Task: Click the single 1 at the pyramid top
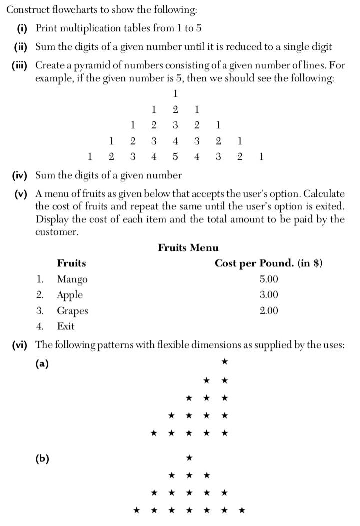coord(175,93)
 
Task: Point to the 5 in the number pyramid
coord(175,156)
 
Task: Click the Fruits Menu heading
coord(188,247)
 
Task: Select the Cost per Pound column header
coord(268,263)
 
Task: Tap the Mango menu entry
coord(72,279)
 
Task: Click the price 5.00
coord(269,279)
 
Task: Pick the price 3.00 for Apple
coord(269,295)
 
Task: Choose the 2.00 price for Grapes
coord(269,311)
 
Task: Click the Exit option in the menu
coord(66,326)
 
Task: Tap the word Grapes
coord(72,311)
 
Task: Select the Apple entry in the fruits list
coord(70,295)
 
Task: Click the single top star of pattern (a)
coord(225,361)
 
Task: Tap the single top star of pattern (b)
coord(189,457)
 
